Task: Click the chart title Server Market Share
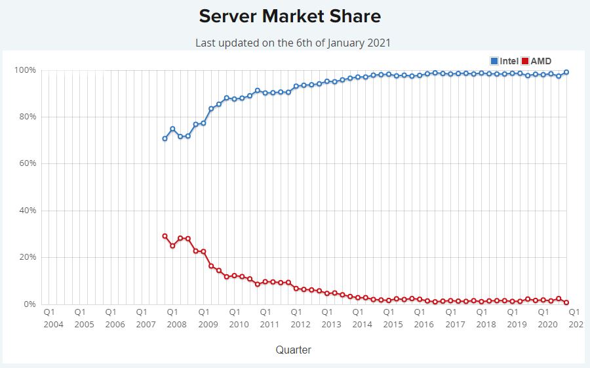[x=289, y=16]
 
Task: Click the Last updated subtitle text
[x=293, y=43]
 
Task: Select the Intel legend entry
[x=504, y=61]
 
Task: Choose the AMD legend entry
[x=536, y=61]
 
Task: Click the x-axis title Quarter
[x=293, y=350]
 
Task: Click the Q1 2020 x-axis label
[x=544, y=318]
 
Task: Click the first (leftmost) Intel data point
[x=165, y=138]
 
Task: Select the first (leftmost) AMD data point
[x=165, y=236]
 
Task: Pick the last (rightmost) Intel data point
[x=566, y=72]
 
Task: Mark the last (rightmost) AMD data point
[x=566, y=302]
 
